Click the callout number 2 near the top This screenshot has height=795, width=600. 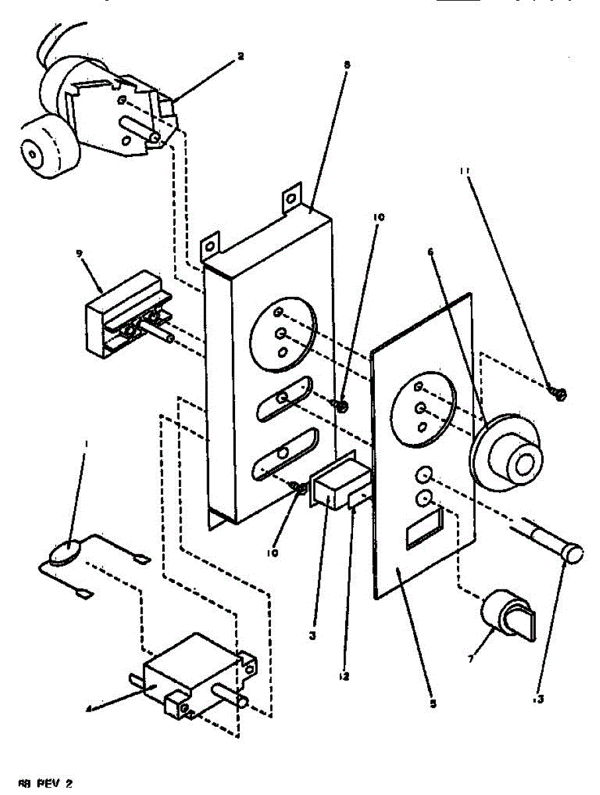coord(240,56)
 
